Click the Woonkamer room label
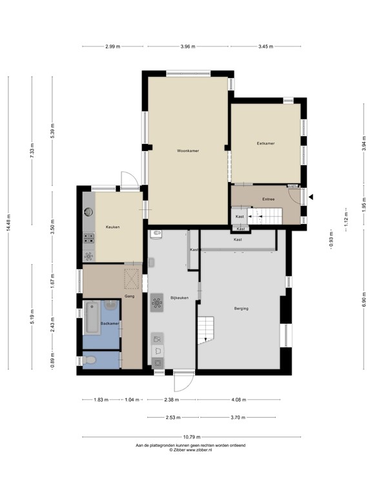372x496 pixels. coord(188,150)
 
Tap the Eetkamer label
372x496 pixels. coord(265,143)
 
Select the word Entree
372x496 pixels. coord(269,199)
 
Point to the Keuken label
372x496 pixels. coord(113,227)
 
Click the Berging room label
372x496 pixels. coord(242,309)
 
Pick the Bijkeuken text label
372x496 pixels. coord(179,298)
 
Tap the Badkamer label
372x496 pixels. coord(110,323)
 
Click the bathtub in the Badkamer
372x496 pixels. coord(92,318)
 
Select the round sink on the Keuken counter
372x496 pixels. coord(88,211)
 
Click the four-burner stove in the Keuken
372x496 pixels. coord(88,238)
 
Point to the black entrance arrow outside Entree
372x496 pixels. coord(311,197)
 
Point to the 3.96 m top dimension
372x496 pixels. coord(188,46)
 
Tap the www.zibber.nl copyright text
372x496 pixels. coord(190,450)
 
